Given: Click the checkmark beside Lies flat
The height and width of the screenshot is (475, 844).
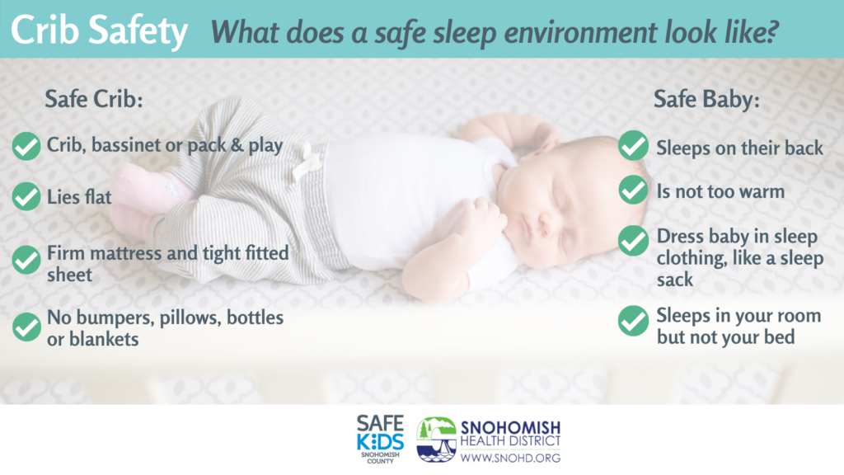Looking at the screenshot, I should pos(26,196).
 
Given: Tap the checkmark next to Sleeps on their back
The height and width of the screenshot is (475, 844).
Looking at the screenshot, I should pos(632,146).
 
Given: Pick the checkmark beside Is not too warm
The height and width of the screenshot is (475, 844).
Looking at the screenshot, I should pos(632,190).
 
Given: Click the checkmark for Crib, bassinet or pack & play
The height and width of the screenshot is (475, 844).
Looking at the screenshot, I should pos(26,147).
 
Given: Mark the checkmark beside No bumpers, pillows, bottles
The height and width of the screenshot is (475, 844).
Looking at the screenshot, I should pos(26,327).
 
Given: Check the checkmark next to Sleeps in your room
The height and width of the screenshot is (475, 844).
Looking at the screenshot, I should pos(632,321).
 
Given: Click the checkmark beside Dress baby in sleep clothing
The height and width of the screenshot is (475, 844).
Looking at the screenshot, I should pos(632,241).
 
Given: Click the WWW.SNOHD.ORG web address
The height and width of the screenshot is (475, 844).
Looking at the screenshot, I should pos(509,458).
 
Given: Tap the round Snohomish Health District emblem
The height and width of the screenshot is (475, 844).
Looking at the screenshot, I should pos(436,438).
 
